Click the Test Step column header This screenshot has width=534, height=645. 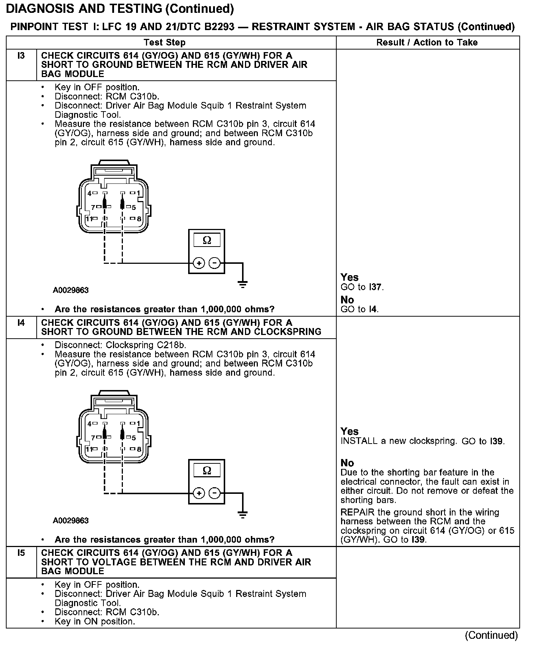165,43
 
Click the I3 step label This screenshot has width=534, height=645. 21,56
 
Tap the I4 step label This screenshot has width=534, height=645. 21,323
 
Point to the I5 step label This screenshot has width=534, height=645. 21,553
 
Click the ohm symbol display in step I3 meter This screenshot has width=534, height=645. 207,240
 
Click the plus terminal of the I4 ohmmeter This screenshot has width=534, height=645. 199,493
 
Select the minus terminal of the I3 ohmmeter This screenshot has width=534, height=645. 215,263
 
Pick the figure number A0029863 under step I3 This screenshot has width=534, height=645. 71,290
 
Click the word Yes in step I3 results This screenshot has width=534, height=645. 349,277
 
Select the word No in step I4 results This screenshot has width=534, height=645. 347,463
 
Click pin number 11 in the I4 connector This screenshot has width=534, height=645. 89,449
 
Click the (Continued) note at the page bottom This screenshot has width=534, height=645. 491,635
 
